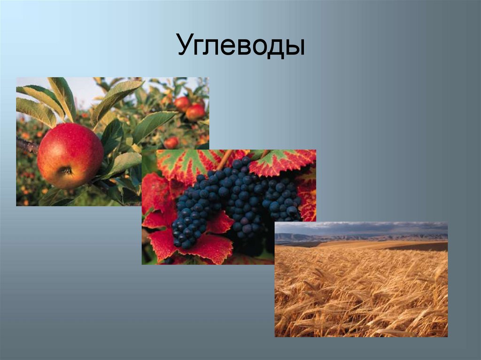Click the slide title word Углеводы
pyautogui.click(x=240, y=46)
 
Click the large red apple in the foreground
pyautogui.click(x=70, y=155)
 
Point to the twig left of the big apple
pyautogui.click(x=27, y=145)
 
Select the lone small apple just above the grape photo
pyautogui.click(x=171, y=142)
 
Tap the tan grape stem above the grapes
pyautogui.click(x=224, y=159)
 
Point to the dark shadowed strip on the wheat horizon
pyautogui.click(x=423, y=247)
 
